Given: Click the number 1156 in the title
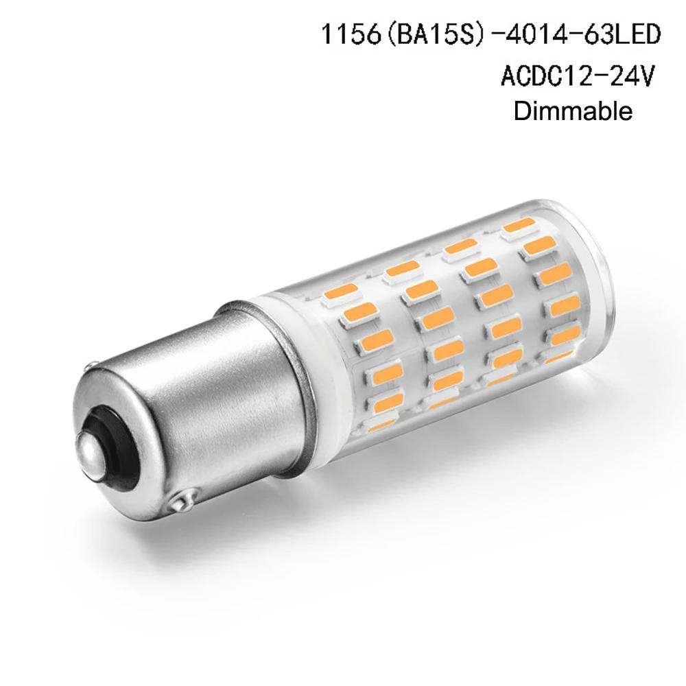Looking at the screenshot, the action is tap(351, 34).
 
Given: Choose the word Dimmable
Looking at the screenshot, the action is tap(573, 111).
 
